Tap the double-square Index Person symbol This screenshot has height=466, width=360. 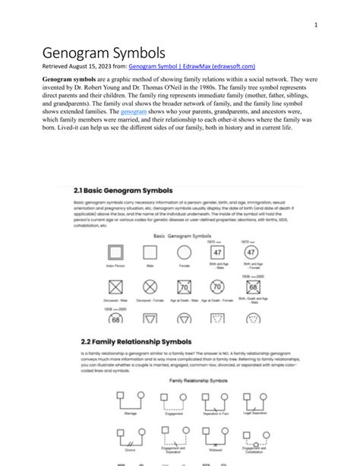click(x=115, y=253)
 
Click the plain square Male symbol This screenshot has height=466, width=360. click(x=150, y=253)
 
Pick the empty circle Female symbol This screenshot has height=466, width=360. click(x=184, y=253)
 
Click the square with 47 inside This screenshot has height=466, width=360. click(x=217, y=252)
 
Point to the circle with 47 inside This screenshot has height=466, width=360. click(x=251, y=252)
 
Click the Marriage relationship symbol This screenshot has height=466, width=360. click(x=131, y=400)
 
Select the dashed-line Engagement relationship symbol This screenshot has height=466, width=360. click(x=173, y=400)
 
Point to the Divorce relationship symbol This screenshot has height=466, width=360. click(x=131, y=437)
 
